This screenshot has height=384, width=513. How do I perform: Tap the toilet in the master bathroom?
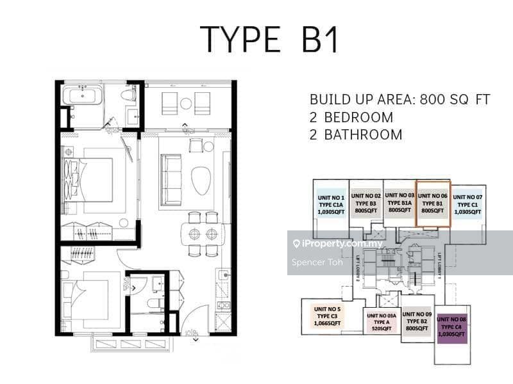coord(131,95)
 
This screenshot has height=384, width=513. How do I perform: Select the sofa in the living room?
coord(171,172)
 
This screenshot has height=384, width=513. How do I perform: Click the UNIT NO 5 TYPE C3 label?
coord(328,317)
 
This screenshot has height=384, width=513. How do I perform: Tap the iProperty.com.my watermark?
coord(337,244)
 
